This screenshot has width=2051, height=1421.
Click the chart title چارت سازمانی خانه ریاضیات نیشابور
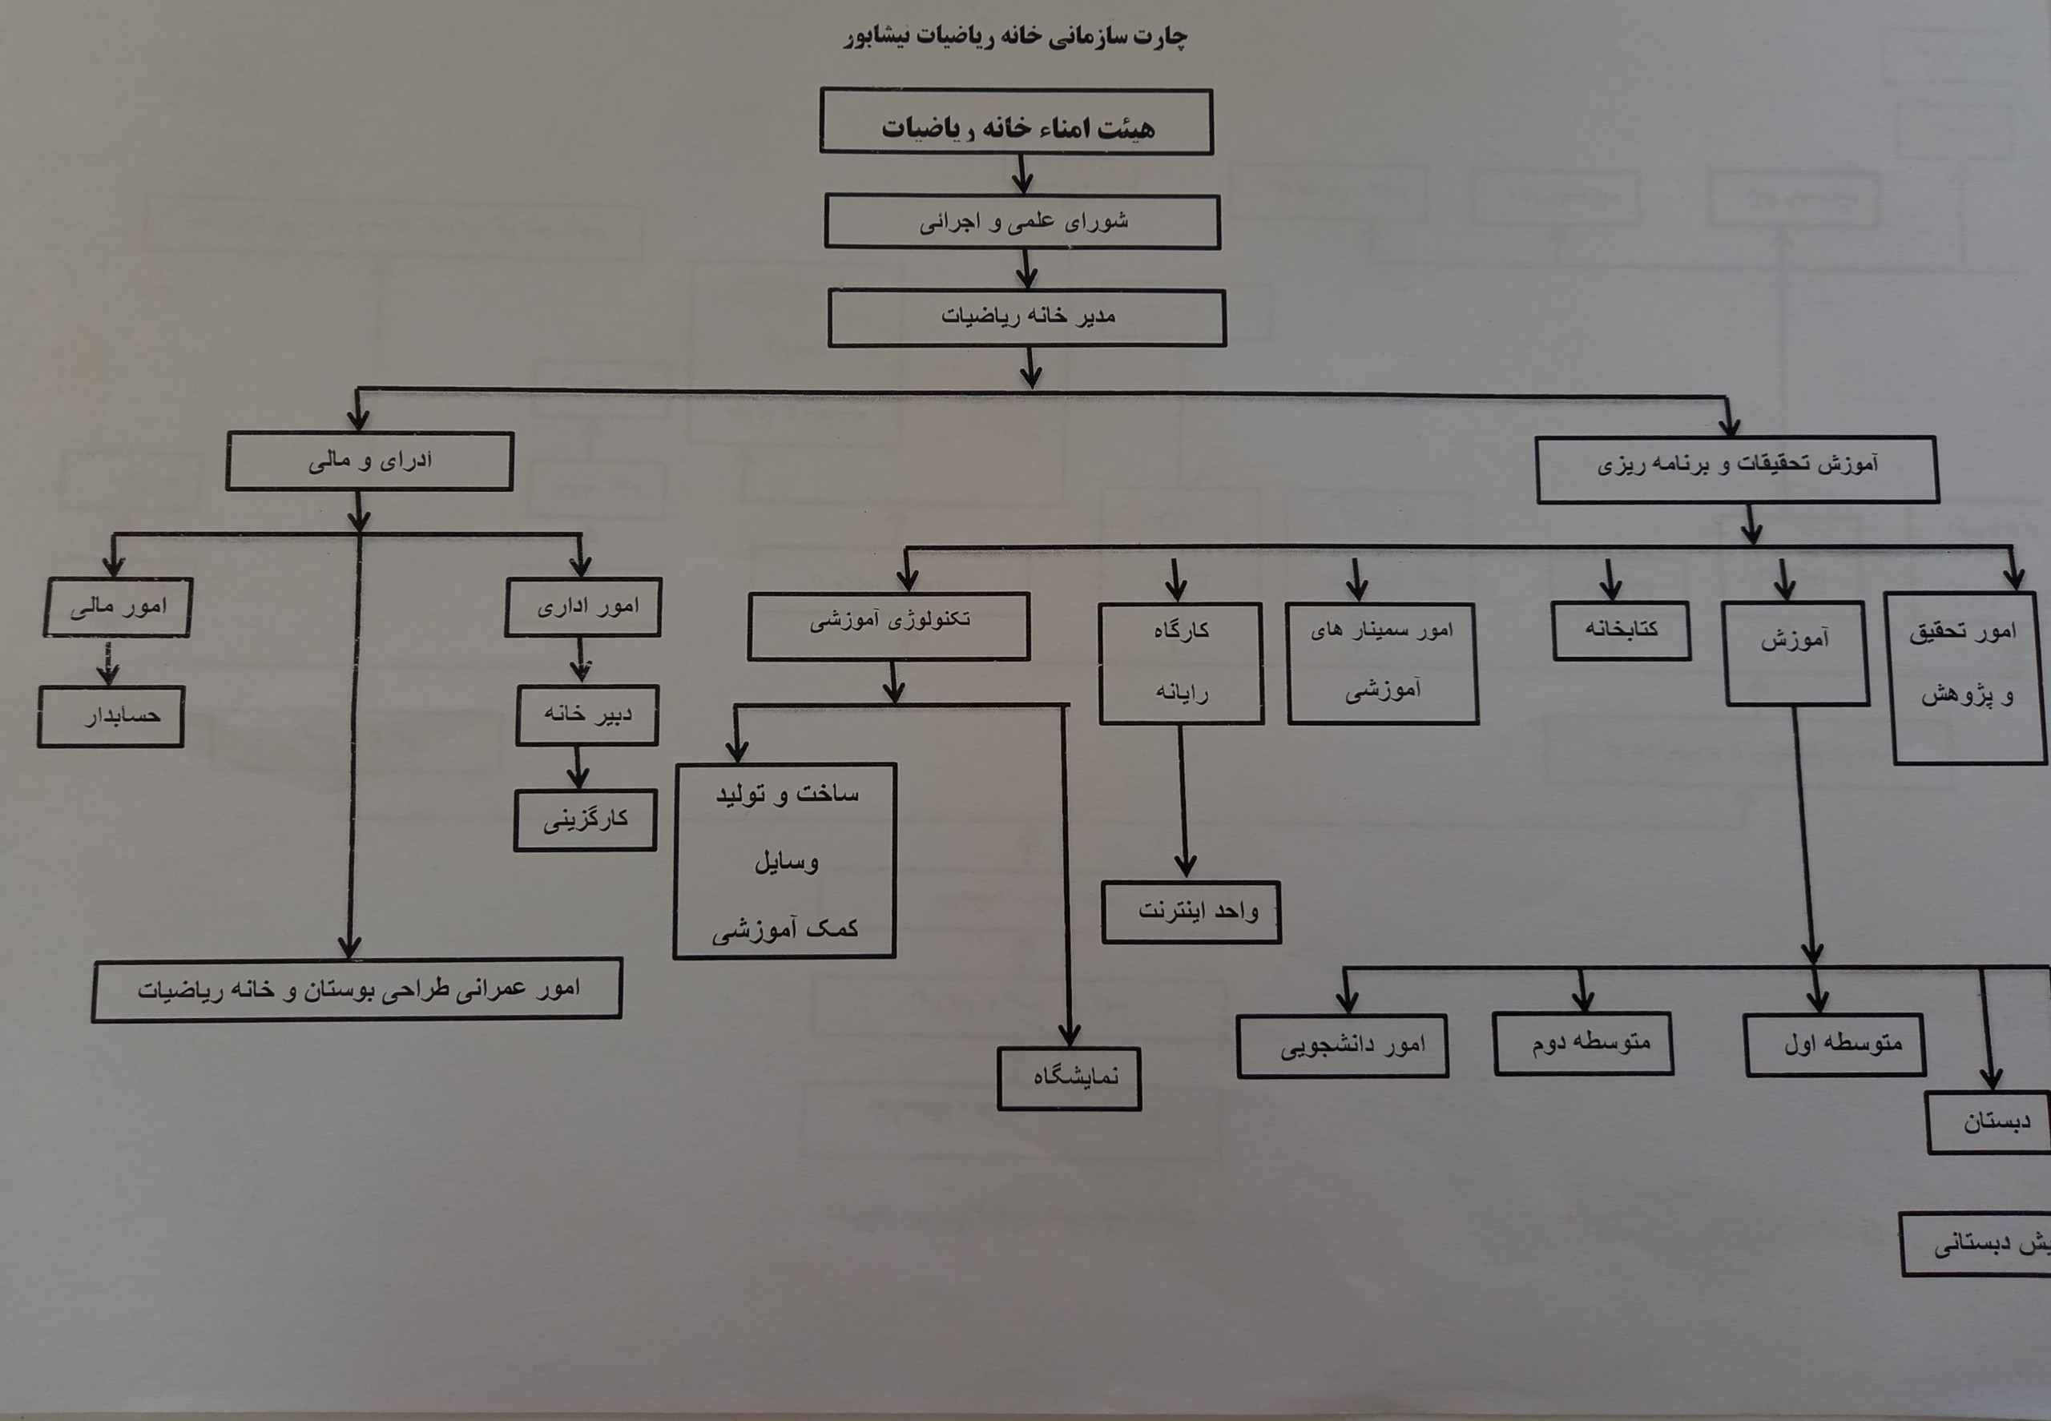click(1015, 37)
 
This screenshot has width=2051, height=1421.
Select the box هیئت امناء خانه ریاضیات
click(1016, 122)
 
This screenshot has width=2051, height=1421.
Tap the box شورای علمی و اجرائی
click(1021, 222)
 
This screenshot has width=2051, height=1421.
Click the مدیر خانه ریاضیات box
click(1027, 318)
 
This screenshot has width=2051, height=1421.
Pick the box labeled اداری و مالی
click(369, 461)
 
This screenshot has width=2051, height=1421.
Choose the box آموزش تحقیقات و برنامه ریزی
click(1737, 469)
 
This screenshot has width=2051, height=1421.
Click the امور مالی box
click(118, 608)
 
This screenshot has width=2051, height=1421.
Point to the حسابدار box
click(111, 716)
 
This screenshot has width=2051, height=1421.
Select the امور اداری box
click(583, 608)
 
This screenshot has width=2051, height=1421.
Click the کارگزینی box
click(585, 820)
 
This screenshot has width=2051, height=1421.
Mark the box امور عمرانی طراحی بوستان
click(357, 990)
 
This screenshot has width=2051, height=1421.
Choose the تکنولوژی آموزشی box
click(888, 626)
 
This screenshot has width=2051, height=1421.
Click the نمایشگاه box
click(1069, 1078)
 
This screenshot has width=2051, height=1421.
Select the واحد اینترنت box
click(1191, 912)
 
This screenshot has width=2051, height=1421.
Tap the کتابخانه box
click(1621, 630)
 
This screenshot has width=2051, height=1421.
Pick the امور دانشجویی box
click(1342, 1046)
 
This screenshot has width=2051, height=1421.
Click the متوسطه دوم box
click(1582, 1044)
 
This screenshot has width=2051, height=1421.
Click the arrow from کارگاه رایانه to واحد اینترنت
click(1183, 801)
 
